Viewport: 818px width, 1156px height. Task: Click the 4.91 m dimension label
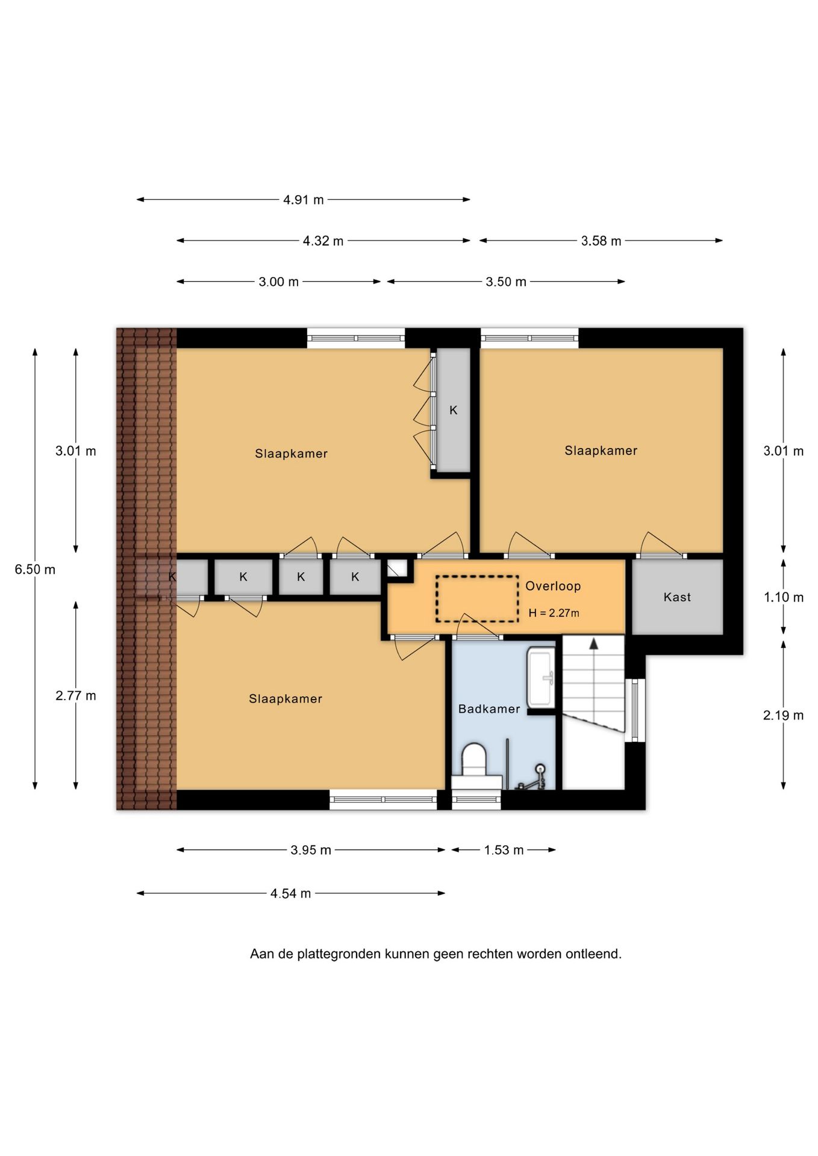304,200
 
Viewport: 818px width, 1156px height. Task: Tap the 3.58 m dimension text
601,241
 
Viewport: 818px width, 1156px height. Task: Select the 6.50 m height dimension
35,569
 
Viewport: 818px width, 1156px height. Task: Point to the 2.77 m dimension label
76,695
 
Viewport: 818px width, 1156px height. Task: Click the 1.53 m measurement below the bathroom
504,850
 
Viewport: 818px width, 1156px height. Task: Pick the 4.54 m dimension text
291,893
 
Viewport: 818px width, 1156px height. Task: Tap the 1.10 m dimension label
784,597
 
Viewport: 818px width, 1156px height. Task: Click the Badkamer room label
489,709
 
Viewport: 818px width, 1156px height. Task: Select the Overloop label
553,586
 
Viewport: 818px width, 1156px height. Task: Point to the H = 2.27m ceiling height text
554,613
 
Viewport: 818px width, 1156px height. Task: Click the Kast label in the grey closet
677,597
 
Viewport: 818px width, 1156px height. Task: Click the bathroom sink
541,677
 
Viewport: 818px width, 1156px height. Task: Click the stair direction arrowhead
593,644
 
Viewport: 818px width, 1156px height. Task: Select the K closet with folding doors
453,410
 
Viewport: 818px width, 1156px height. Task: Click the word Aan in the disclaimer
261,954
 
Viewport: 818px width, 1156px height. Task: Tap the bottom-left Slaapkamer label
286,698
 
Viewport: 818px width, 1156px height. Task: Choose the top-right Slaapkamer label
601,450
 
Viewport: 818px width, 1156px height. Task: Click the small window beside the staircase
635,710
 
